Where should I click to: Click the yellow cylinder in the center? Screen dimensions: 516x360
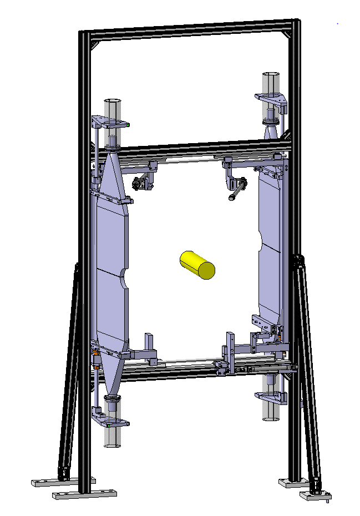(x=197, y=264)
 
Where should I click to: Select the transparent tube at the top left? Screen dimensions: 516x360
(x=113, y=111)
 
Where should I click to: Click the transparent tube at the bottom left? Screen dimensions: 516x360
(x=112, y=436)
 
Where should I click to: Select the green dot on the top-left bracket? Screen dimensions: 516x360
(x=128, y=125)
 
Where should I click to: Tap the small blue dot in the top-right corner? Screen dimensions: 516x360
(x=337, y=24)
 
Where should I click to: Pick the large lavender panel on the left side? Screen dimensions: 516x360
(x=111, y=266)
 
